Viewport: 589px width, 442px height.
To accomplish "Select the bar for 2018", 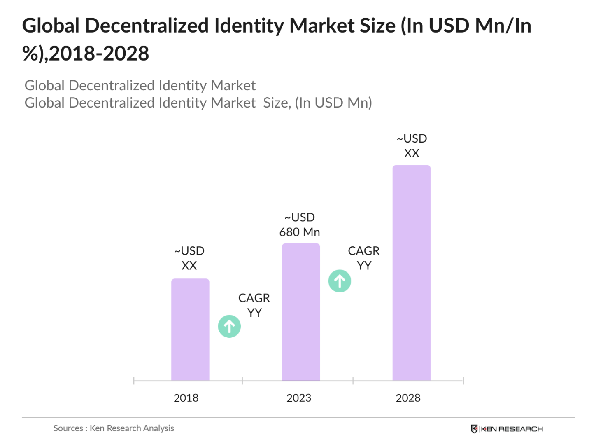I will [190, 329].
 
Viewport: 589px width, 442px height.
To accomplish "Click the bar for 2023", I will [300, 311].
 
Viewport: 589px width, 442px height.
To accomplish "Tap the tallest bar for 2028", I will [411, 272].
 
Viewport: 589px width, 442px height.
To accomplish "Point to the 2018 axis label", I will [186, 398].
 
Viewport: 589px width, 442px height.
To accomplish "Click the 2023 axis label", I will [299, 398].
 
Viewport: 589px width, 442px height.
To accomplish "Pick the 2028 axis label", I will [408, 398].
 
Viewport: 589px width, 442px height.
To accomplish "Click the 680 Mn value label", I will [300, 232].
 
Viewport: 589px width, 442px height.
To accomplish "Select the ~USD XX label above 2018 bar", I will [189, 258].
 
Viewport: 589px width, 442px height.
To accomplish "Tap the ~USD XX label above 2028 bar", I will [412, 145].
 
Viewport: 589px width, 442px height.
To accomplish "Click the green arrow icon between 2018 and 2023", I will [229, 326].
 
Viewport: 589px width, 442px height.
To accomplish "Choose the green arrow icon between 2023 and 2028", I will [340, 281].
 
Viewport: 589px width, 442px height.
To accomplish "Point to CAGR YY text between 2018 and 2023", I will [254, 305].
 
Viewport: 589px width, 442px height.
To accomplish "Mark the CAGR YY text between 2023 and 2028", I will [364, 258].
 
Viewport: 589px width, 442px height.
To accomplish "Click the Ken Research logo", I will [507, 429].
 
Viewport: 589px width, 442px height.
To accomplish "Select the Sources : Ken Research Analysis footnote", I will [114, 428].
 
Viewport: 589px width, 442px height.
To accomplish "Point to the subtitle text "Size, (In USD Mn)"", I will [317, 103].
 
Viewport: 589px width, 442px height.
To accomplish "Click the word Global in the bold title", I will [51, 26].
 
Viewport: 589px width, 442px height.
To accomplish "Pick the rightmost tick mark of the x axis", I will [463, 381].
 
